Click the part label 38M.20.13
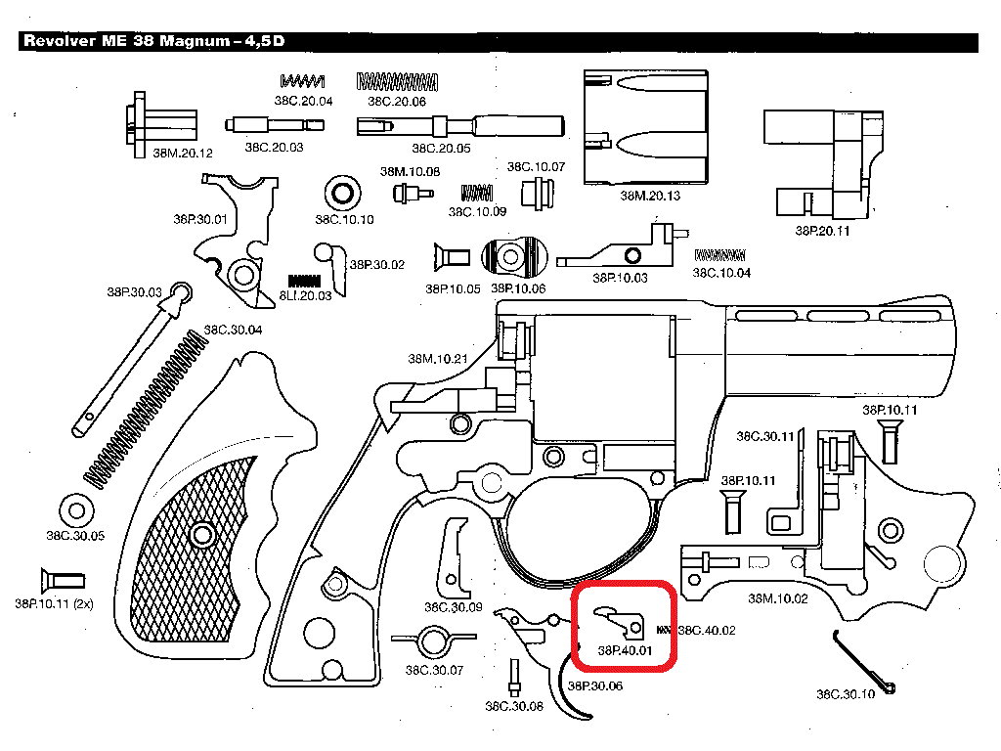pyautogui.click(x=650, y=196)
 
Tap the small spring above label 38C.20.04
pyautogui.click(x=302, y=81)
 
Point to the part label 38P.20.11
pyautogui.click(x=822, y=231)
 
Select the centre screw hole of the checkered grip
pyautogui.click(x=202, y=534)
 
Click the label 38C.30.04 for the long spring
pyautogui.click(x=233, y=330)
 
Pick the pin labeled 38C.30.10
pyautogui.click(x=865, y=662)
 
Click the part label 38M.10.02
pyautogui.click(x=778, y=598)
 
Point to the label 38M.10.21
pyautogui.click(x=438, y=359)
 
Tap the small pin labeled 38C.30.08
pyautogui.click(x=514, y=676)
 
